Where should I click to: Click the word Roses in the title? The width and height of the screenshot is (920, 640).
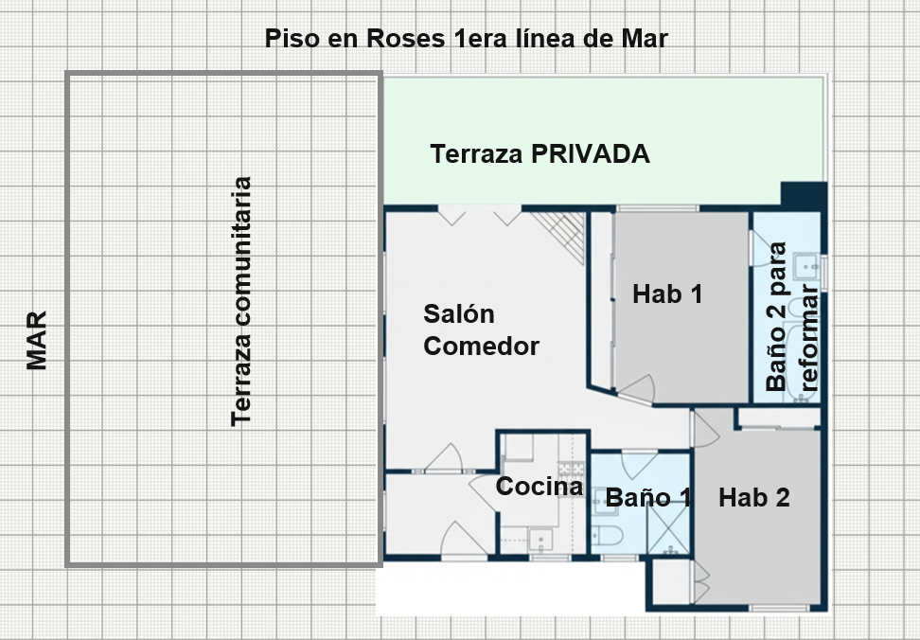point(405,39)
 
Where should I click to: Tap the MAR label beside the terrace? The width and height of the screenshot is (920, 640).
point(36,341)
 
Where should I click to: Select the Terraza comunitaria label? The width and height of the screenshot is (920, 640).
point(241,301)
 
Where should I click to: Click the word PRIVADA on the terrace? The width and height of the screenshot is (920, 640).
point(591,153)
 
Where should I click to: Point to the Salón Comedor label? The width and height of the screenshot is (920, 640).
point(481,329)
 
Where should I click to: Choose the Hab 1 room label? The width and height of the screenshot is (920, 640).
point(667,293)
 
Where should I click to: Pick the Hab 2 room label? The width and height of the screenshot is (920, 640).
point(754,497)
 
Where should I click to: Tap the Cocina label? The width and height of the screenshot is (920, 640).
point(540,487)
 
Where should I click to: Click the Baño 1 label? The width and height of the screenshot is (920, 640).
point(648,497)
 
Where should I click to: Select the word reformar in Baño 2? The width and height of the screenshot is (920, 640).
point(808,339)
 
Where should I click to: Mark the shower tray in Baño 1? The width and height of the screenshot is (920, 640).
point(668,528)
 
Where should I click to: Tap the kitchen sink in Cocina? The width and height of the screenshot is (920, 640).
point(540,540)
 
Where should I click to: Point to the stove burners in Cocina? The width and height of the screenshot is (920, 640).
point(571,469)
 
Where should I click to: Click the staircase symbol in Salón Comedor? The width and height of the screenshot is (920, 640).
point(558,238)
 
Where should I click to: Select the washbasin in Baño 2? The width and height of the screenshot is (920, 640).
point(806,266)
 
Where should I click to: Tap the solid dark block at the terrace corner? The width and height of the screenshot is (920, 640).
point(804,195)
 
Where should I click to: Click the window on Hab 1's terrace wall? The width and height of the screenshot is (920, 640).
point(657,208)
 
